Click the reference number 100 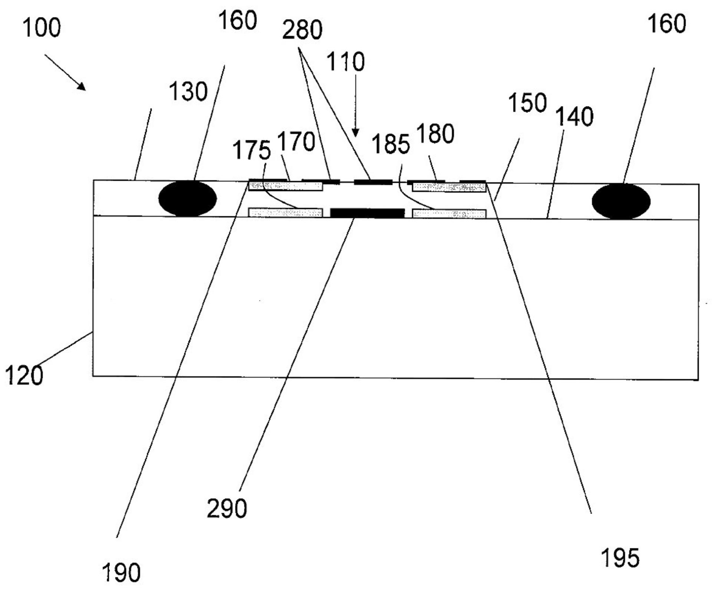[x=42, y=28]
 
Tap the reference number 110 [x=346, y=62]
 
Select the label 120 [x=24, y=375]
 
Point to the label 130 [x=188, y=92]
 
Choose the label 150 [x=527, y=103]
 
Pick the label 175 [x=252, y=150]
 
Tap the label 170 [x=296, y=141]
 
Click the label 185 [x=391, y=144]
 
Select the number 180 [x=435, y=134]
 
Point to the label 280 [x=302, y=30]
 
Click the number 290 [x=227, y=508]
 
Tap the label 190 [x=121, y=572]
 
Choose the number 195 [x=620, y=558]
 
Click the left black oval [x=188, y=198]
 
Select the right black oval [x=621, y=201]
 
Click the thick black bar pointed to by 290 [x=367, y=213]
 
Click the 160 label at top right [x=667, y=24]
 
